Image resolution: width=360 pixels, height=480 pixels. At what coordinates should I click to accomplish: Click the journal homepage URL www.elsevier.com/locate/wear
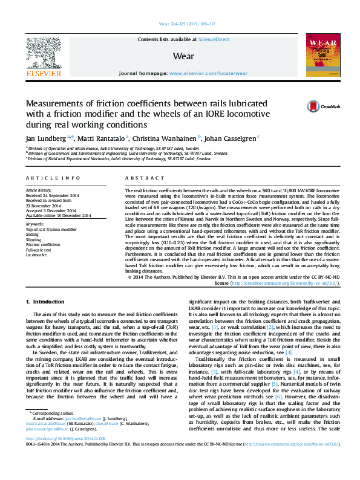pyautogui.click(x=208, y=73)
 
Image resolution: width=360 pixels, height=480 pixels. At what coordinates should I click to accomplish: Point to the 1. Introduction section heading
pyautogui.click(x=45, y=301)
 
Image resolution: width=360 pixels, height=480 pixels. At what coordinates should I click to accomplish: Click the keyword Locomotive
pyautogui.click(x=36, y=255)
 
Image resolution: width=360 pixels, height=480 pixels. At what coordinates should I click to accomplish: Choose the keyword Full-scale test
pyautogui.click(x=38, y=249)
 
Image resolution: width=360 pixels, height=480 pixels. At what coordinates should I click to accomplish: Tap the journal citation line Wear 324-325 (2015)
pyautogui.click(x=186, y=24)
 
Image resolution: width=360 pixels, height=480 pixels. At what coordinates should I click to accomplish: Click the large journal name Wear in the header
pyautogui.click(x=183, y=56)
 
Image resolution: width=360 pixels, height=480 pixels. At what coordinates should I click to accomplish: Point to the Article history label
pyautogui.click(x=39, y=190)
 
